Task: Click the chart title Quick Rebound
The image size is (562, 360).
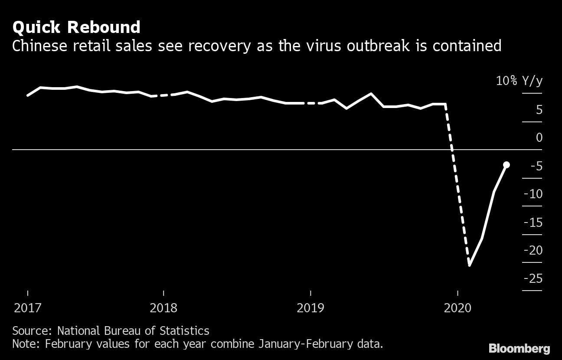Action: click(76, 28)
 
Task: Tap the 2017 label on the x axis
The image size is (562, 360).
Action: click(28, 308)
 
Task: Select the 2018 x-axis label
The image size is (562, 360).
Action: click(163, 308)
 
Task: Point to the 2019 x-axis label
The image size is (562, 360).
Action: click(310, 308)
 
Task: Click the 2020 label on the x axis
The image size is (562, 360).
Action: click(458, 308)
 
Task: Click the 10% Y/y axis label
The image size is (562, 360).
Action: click(519, 81)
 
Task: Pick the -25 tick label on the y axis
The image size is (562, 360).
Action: click(533, 278)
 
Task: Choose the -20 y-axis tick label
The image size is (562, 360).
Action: click(533, 250)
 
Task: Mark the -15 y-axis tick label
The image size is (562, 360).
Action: click(533, 223)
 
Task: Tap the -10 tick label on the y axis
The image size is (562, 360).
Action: click(533, 194)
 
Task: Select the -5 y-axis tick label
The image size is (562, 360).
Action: click(535, 166)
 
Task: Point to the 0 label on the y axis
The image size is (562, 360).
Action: click(539, 137)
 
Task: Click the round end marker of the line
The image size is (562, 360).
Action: click(506, 164)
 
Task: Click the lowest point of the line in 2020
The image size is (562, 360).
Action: click(469, 265)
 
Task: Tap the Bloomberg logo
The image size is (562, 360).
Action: click(519, 348)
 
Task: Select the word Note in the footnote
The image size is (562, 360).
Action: click(26, 344)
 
